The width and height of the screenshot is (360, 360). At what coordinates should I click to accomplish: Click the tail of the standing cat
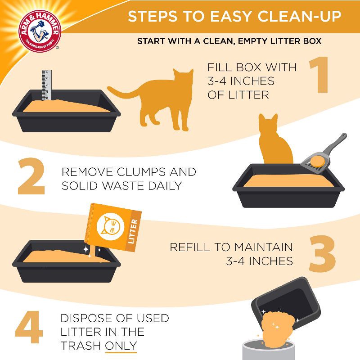121,92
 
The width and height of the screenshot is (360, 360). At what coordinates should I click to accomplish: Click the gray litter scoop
324,153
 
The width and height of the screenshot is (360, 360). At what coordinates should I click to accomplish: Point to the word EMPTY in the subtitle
245,42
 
